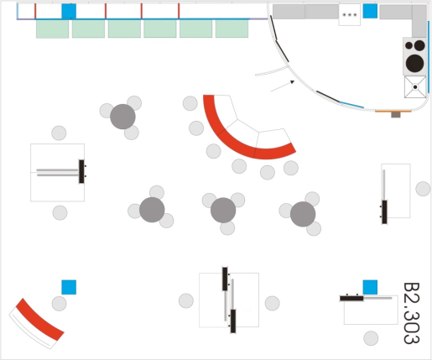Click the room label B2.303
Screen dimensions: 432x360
412,313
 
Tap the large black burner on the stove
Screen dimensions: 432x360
414,63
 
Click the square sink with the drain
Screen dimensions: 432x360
415,87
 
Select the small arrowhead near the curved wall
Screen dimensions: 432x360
292,82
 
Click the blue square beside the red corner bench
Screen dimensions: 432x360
69,287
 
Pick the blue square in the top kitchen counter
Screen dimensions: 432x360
370,11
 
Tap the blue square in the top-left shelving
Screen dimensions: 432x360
69,11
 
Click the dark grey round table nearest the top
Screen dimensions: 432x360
122,117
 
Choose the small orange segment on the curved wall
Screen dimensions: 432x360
393,112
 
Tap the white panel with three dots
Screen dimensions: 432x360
350,15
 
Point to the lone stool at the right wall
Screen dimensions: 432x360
423,189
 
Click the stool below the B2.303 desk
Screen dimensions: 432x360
371,338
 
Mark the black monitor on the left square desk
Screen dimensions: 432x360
81,171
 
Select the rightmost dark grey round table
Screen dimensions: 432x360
303,214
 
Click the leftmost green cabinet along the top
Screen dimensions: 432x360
52,29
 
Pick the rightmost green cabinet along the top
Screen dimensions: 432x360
232,29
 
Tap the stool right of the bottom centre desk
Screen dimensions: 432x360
273,303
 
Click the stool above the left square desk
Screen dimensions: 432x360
59,133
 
